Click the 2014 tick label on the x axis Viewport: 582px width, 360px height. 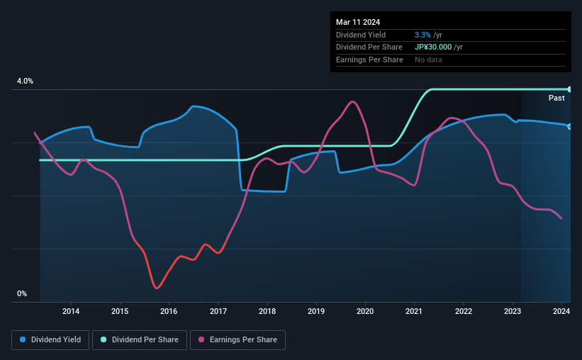[x=71, y=310]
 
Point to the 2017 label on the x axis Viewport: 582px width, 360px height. [x=218, y=310]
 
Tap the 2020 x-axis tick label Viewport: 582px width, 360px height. [x=365, y=310]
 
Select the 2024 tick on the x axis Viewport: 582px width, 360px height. [x=561, y=310]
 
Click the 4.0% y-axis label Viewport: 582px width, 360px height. [x=26, y=81]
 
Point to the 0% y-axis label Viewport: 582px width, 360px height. [x=22, y=293]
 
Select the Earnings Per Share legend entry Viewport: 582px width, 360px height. [x=238, y=340]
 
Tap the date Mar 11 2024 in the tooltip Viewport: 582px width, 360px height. [x=357, y=21]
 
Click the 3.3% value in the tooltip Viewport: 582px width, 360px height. [x=423, y=34]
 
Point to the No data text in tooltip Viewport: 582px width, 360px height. [x=428, y=60]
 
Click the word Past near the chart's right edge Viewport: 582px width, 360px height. [x=556, y=98]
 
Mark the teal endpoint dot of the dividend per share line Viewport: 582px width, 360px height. [x=570, y=89]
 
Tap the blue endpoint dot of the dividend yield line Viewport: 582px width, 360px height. [x=570, y=126]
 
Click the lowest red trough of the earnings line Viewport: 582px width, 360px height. [x=157, y=288]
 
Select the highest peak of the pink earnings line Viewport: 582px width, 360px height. [x=352, y=101]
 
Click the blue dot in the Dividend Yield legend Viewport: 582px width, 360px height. [x=23, y=340]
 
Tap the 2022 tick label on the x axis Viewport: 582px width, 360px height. [x=464, y=310]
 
